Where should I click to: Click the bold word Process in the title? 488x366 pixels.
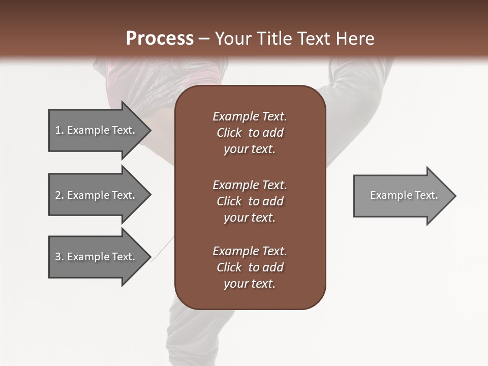click(x=160, y=39)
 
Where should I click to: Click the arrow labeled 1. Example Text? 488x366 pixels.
click(x=97, y=130)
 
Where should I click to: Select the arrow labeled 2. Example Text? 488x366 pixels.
click(x=97, y=195)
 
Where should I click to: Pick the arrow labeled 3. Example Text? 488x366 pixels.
click(x=97, y=257)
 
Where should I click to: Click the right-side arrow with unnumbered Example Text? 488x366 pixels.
click(x=402, y=196)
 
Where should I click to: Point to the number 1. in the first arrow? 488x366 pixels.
click(x=59, y=130)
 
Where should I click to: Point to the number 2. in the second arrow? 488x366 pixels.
click(x=59, y=195)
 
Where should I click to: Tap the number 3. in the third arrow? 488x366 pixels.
click(x=59, y=257)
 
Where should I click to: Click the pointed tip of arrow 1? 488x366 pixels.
click(x=148, y=131)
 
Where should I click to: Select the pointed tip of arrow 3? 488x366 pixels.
click(x=148, y=257)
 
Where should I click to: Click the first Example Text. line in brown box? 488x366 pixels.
click(x=250, y=116)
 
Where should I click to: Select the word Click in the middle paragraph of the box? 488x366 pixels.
click(x=229, y=201)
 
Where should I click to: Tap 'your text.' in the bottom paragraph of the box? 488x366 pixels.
click(x=250, y=284)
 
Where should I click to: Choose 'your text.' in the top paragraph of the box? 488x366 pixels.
click(x=250, y=149)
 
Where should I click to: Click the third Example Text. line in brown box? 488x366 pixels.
click(x=250, y=251)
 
